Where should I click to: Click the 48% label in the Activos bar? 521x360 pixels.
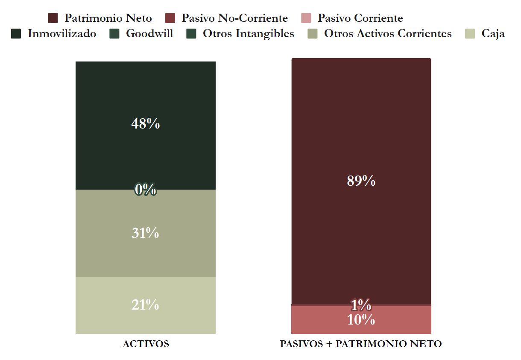coord(145,124)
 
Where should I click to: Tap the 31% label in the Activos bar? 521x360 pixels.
coord(145,233)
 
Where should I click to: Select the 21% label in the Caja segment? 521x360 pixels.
coord(145,305)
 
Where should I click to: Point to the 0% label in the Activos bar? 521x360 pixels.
coord(145,189)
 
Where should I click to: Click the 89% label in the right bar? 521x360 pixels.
coord(361,181)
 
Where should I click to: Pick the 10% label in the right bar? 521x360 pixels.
coord(361,320)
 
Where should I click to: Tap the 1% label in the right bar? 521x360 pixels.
coord(361,305)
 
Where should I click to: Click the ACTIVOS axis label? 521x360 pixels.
coord(146,344)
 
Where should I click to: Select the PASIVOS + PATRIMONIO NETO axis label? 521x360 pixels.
coord(361,344)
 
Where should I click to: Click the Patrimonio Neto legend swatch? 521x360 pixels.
coord(53,18)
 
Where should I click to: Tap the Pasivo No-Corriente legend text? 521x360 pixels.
coord(234,18)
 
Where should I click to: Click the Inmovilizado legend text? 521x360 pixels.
coord(62,34)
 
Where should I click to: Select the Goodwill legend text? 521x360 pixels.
coord(149,34)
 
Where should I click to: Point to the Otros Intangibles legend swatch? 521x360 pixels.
coord(191,34)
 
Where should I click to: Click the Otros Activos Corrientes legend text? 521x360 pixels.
coord(388,34)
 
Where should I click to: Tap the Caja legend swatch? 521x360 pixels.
coord(470,34)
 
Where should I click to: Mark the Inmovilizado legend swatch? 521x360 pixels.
coord(16,34)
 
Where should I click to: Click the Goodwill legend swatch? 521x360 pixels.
coord(114,34)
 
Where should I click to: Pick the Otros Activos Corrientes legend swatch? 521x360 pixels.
coord(313,34)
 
